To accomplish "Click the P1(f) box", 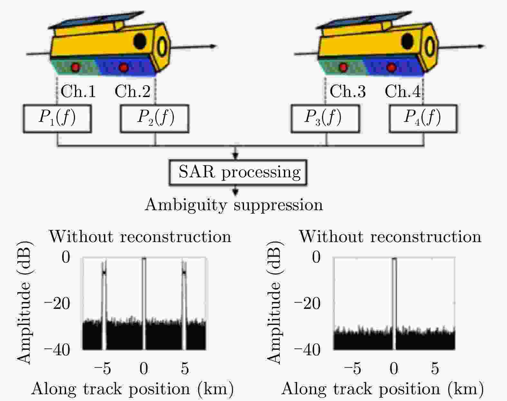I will point(57,118).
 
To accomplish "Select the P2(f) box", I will point(155,118).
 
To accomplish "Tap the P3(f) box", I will point(325,118).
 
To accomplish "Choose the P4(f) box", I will point(423,118).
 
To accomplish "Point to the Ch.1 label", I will point(78,92).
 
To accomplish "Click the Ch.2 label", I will point(133,92).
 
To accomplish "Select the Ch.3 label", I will point(348,92).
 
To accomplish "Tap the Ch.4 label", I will point(402,92).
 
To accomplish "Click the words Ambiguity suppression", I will point(234,205).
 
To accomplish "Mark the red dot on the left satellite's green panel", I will point(76,67).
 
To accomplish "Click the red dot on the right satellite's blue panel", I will point(391,67).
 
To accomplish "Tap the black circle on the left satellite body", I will point(140,41).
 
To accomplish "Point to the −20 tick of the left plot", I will point(57,303).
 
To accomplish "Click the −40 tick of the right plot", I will point(307,350).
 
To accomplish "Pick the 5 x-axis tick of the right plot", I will point(435,368).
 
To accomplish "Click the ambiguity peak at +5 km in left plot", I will point(184,273).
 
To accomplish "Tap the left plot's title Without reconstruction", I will point(140,237).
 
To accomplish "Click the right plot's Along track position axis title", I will point(382,389).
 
